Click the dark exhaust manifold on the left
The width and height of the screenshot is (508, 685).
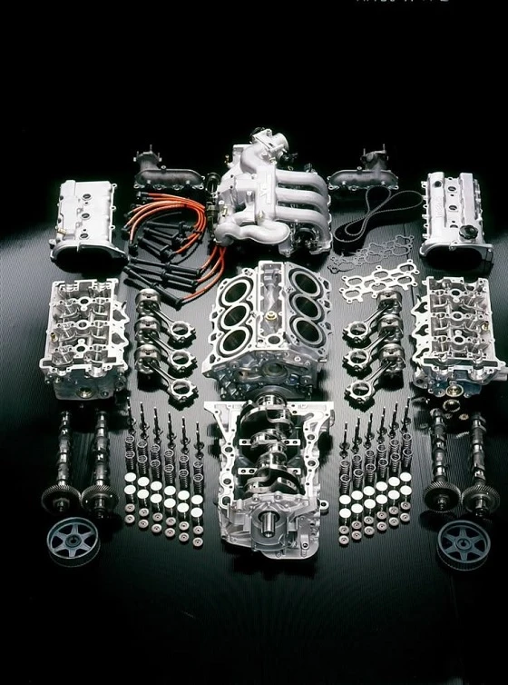click(172, 173)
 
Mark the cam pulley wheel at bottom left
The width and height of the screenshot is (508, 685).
click(72, 541)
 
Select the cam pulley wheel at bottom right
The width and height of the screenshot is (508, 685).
click(463, 543)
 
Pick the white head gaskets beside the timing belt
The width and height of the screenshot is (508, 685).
click(376, 273)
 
